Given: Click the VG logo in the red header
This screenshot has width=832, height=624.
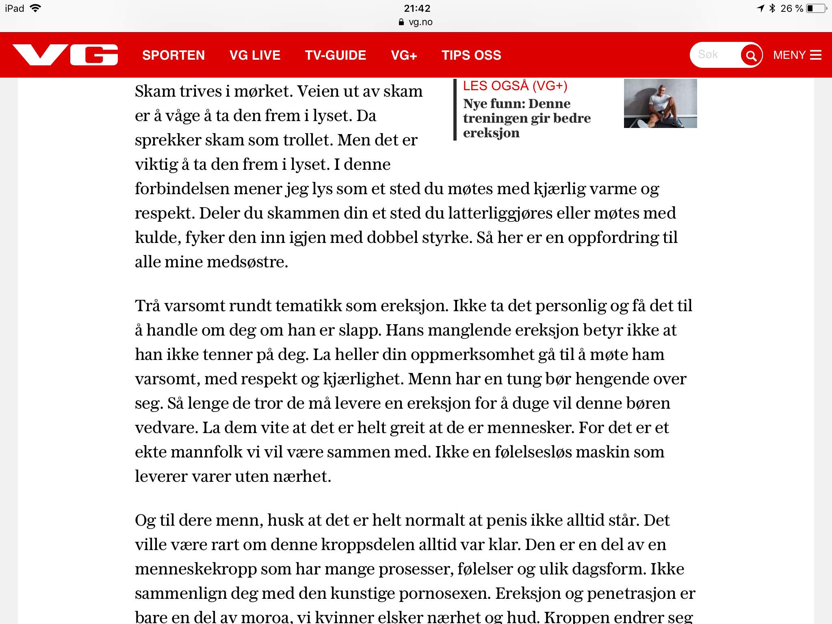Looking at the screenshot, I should [x=65, y=55].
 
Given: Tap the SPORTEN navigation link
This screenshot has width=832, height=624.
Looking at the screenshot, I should [x=173, y=55].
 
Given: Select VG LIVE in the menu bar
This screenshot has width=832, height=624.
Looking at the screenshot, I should [x=255, y=55].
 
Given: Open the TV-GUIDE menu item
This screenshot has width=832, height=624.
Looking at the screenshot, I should [x=336, y=55].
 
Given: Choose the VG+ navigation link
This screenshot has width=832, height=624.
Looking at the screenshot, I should [x=404, y=55].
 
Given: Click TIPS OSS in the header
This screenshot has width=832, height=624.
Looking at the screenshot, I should [x=471, y=55].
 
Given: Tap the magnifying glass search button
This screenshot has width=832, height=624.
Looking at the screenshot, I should [x=751, y=55].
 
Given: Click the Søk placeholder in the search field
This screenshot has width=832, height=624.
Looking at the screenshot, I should [x=708, y=54].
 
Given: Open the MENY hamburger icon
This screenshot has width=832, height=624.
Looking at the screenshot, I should [x=816, y=55].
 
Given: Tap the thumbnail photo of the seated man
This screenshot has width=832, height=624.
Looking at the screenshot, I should [x=660, y=103].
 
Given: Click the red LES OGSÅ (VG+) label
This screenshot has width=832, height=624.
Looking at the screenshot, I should [x=515, y=86].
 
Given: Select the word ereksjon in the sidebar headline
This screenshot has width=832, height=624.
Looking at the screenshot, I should [x=491, y=133].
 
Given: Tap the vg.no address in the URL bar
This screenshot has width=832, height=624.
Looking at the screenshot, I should [x=420, y=22].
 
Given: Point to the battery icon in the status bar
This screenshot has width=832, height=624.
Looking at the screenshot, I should [x=816, y=8].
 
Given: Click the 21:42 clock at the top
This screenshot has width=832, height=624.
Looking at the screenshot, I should [x=417, y=8].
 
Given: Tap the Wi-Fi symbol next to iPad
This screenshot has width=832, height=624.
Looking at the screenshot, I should [x=36, y=8].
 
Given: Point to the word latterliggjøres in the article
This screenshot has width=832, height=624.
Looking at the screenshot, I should [x=500, y=213].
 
